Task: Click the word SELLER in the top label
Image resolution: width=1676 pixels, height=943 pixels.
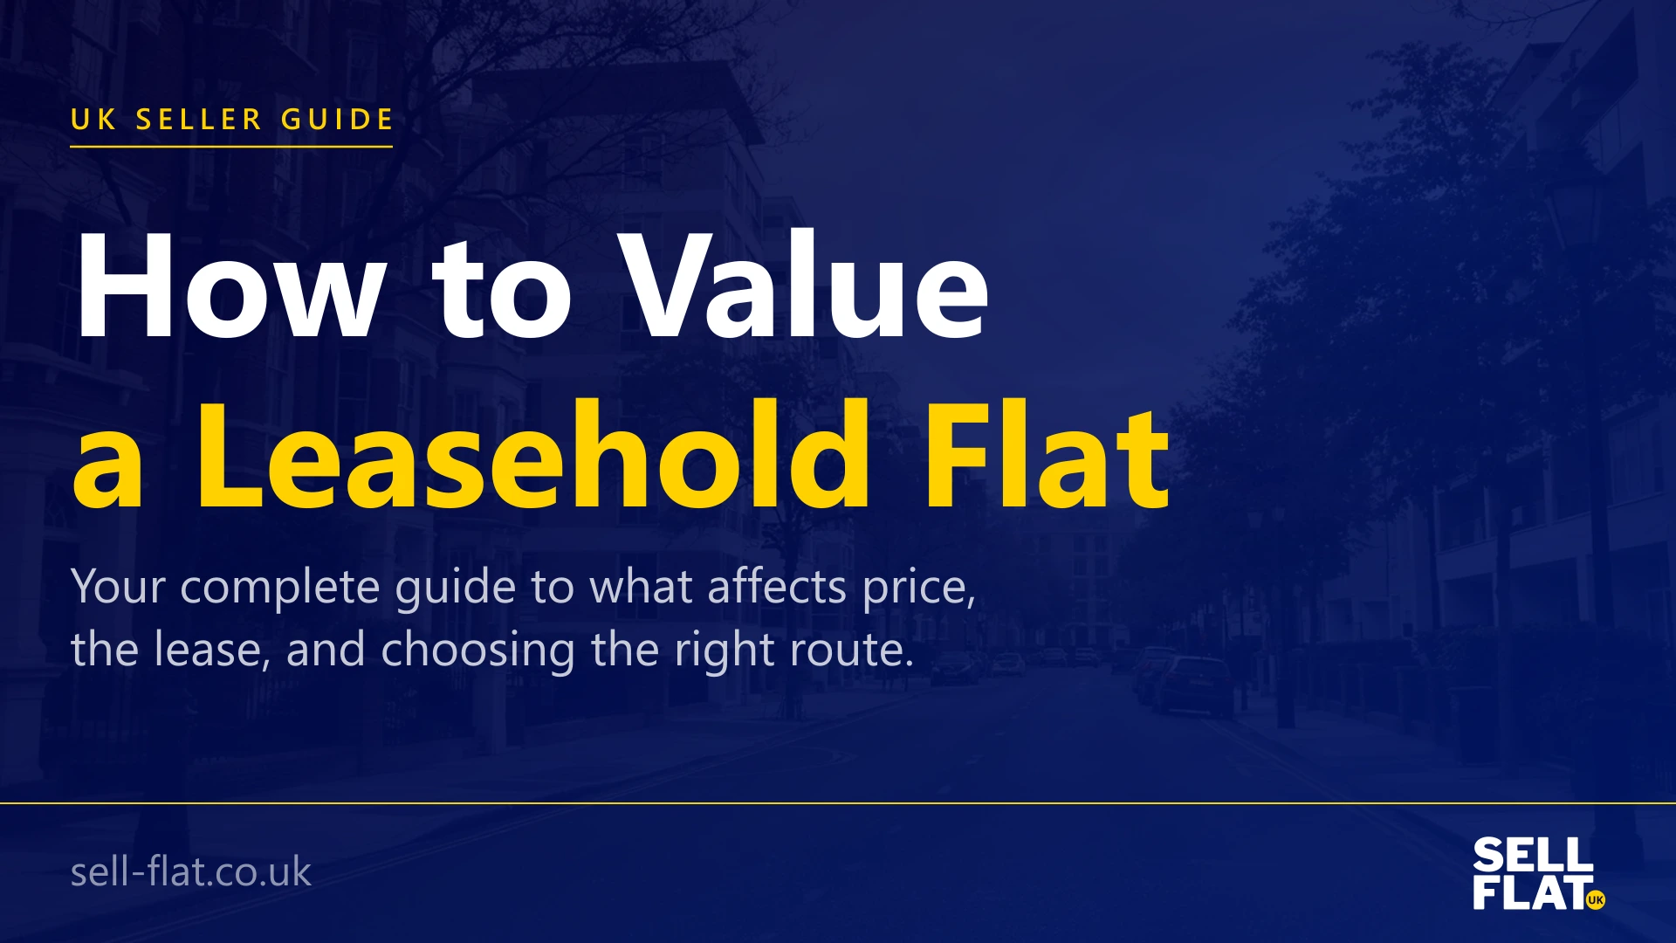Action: point(199,119)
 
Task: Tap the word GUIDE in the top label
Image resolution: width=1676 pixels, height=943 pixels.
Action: point(337,119)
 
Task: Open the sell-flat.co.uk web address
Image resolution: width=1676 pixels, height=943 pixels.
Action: point(190,871)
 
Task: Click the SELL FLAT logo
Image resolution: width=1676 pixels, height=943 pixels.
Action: point(1535,873)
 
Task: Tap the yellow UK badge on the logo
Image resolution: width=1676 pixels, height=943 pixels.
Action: point(1596,899)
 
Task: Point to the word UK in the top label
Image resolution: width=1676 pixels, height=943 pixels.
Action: point(93,119)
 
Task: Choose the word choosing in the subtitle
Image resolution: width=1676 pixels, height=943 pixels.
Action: point(477,650)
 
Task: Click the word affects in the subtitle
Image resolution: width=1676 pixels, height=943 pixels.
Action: point(777,587)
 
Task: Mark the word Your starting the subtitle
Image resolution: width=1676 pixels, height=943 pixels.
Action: point(118,587)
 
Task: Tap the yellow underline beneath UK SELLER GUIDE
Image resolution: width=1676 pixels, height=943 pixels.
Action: point(231,146)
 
